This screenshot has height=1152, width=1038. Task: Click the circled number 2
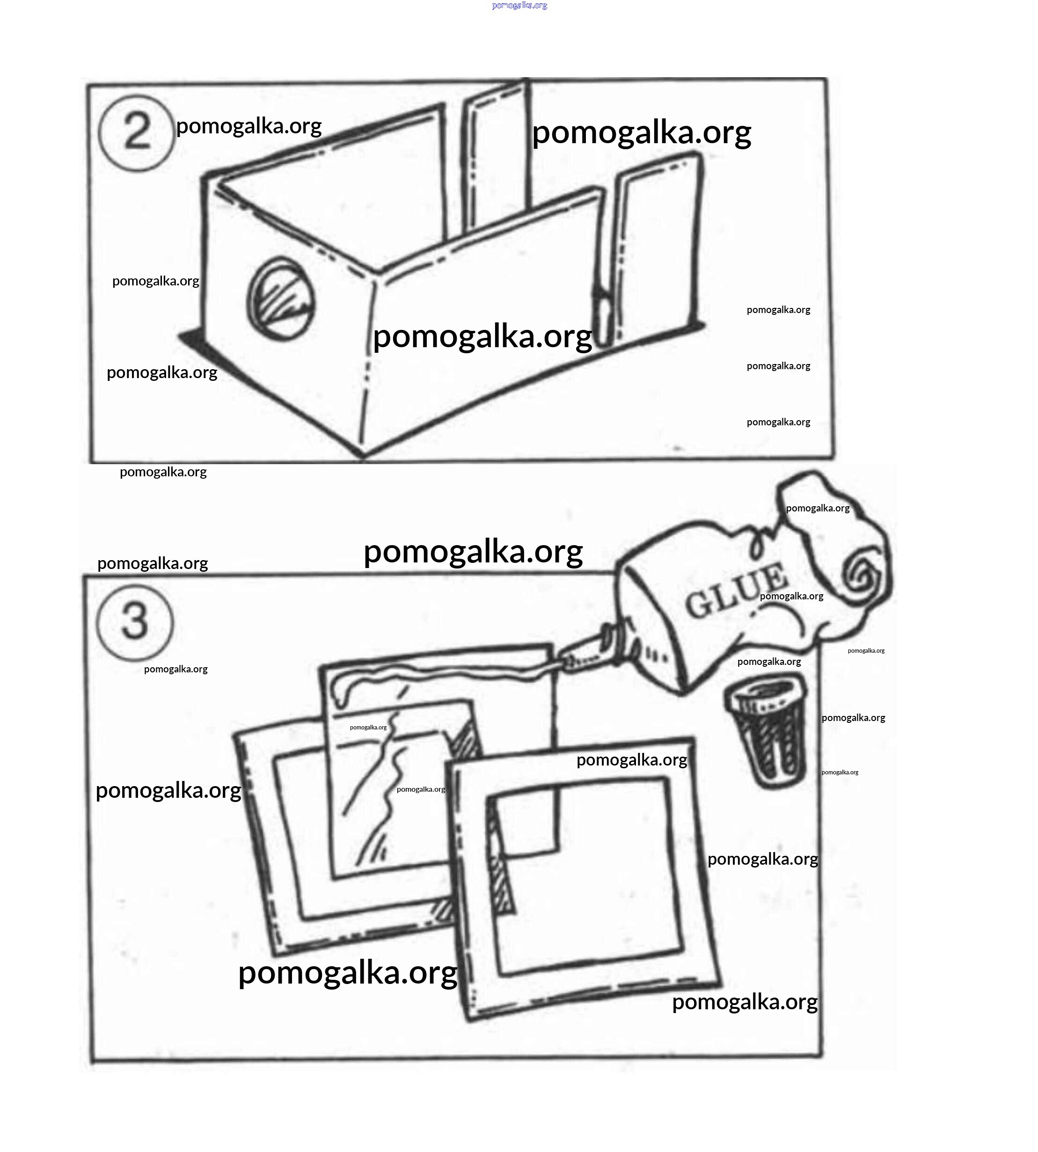click(x=136, y=133)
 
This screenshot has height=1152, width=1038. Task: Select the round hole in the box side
click(x=281, y=299)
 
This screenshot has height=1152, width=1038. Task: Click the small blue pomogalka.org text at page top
click(x=519, y=6)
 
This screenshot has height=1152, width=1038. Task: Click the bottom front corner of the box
click(x=363, y=456)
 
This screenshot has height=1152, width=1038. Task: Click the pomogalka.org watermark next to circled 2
click(x=249, y=126)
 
